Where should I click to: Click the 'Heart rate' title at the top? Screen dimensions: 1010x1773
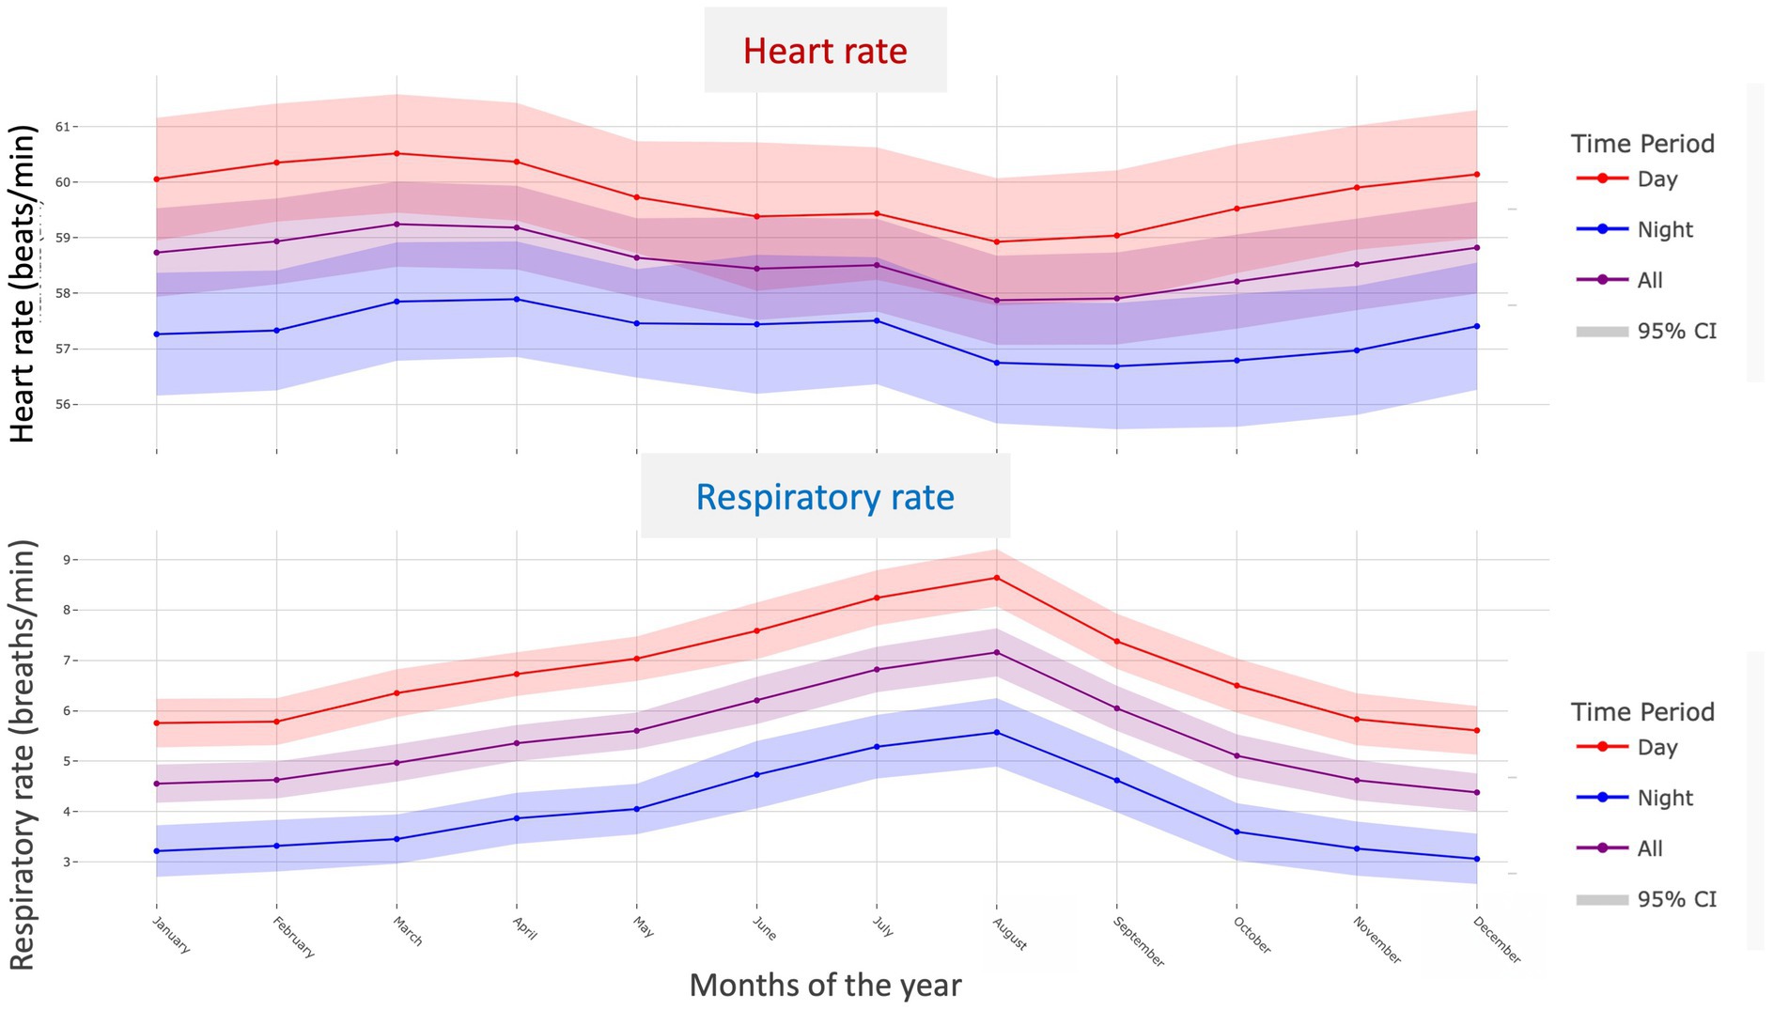click(x=825, y=51)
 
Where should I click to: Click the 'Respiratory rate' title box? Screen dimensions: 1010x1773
click(x=825, y=496)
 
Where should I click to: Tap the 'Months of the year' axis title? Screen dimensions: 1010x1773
click(x=825, y=985)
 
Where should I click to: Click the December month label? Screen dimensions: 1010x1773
click(x=1496, y=939)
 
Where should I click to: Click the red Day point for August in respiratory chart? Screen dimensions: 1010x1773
click(x=997, y=577)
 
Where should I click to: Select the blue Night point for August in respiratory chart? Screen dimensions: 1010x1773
click(x=997, y=732)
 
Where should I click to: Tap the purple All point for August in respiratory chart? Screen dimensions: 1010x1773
click(x=997, y=652)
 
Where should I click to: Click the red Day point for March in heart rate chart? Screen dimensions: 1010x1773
click(x=397, y=153)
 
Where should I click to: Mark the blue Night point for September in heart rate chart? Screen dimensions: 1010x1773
click(x=1117, y=365)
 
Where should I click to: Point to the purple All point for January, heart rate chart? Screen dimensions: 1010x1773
click(x=156, y=252)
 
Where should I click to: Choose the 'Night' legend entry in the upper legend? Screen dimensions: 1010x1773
click(x=1664, y=229)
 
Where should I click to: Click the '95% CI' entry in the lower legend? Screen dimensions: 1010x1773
click(x=1676, y=899)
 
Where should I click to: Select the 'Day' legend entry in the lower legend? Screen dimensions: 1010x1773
click(x=1656, y=747)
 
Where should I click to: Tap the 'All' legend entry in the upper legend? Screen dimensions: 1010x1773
click(x=1649, y=280)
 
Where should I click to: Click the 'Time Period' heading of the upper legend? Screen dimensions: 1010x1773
click(x=1642, y=144)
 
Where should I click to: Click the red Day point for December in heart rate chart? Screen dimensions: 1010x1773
click(x=1477, y=174)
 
